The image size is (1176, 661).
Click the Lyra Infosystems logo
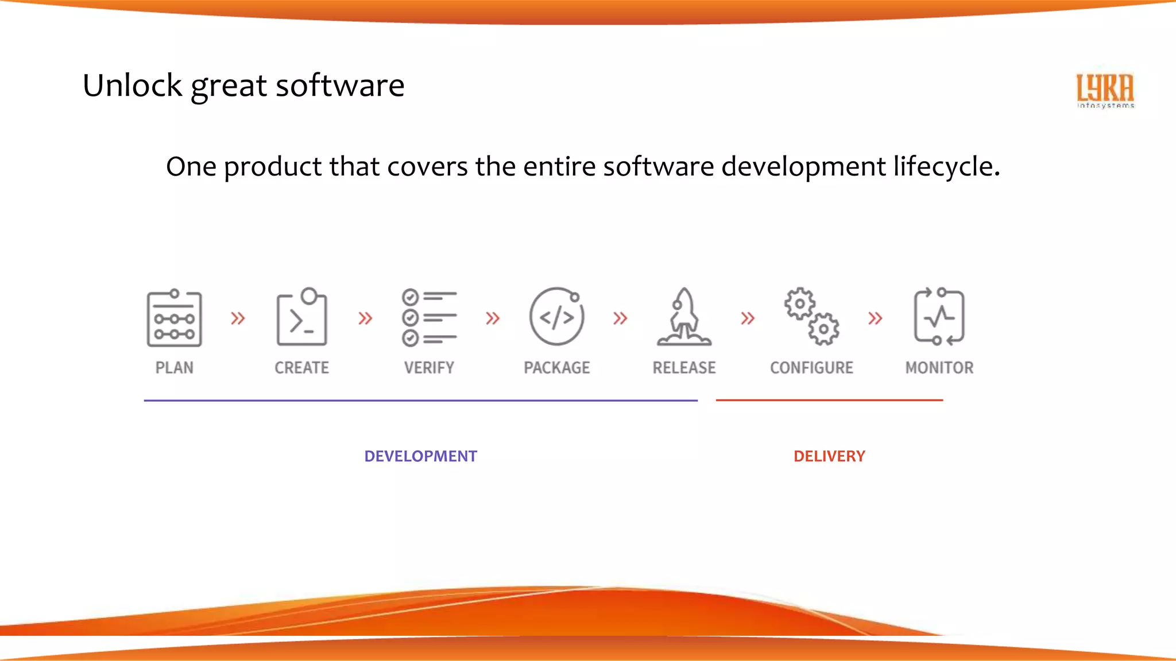1105,90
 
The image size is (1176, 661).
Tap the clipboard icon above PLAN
174,318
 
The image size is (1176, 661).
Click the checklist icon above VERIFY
429,317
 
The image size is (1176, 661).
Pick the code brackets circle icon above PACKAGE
556,317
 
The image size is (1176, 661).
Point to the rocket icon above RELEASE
684,317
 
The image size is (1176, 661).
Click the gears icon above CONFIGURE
812,317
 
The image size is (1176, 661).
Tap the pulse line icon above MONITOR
939,317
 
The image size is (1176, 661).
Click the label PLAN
174,368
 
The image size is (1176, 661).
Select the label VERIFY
429,368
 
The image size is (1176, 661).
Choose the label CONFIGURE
811,368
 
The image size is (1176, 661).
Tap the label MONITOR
939,368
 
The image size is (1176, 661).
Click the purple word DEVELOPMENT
420,456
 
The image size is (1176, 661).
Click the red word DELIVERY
829,456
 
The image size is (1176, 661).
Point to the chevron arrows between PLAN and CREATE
238,318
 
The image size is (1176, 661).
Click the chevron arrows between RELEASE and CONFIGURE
748,318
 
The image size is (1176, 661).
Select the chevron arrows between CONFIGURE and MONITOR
875,318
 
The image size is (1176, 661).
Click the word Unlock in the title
132,86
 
